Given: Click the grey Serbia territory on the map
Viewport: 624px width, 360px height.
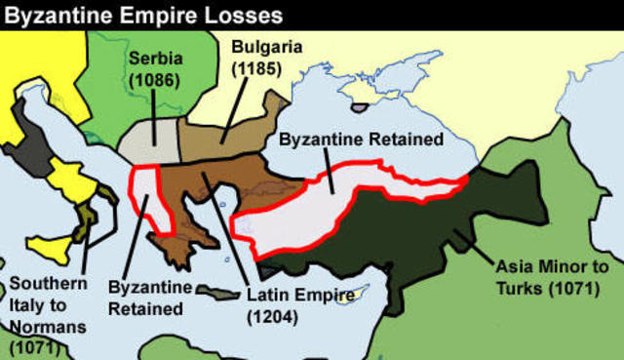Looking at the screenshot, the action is pos(151,140).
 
